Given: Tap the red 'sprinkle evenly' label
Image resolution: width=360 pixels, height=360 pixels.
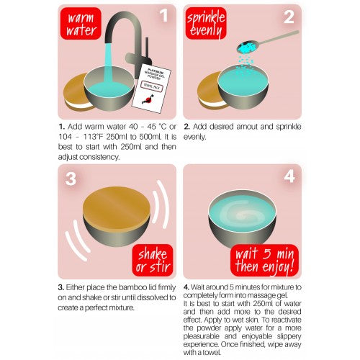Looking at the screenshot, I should pyautogui.click(x=207, y=27).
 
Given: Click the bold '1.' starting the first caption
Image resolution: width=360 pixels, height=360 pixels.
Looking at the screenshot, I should pyautogui.click(x=63, y=126).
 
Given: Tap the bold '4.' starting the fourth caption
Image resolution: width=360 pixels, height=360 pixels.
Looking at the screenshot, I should pyautogui.click(x=186, y=287).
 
